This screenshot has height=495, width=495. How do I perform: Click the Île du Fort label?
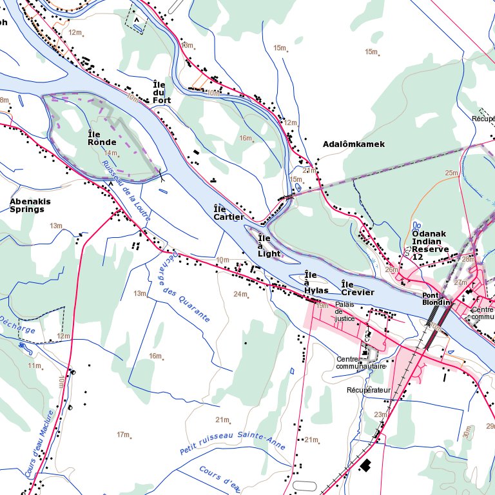[x=159, y=92]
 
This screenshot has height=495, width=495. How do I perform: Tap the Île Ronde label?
[x=102, y=138]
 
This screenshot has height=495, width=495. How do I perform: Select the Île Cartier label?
[x=228, y=213]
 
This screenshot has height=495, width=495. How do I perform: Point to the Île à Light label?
[x=269, y=246]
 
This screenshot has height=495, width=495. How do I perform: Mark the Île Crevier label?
[x=357, y=288]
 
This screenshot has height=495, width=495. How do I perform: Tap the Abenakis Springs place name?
[x=30, y=205]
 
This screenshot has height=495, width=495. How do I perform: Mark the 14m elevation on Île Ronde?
[x=111, y=153]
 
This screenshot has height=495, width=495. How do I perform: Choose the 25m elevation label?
[x=451, y=173]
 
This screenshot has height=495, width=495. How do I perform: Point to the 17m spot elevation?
[x=122, y=435]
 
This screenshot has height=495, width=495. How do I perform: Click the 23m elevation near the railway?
[x=380, y=414]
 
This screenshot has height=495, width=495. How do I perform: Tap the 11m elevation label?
[x=34, y=365]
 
